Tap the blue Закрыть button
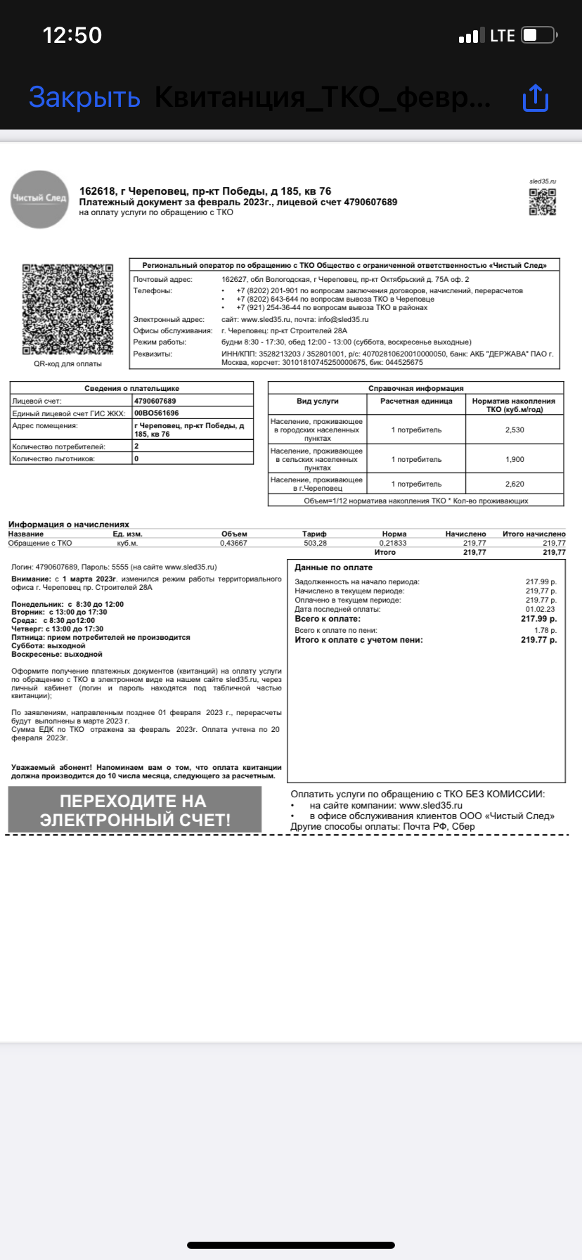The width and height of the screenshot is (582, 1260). pos(84,97)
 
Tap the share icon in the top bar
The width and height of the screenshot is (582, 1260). pos(535,98)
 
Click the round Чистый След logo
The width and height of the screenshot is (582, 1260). pos(39,199)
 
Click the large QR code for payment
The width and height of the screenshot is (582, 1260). pos(67,309)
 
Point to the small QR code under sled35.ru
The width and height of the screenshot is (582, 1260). pos(542,202)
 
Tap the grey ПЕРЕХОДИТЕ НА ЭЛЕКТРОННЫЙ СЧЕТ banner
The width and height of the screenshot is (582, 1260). pos(135,810)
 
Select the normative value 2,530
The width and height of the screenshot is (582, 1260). pos(515,430)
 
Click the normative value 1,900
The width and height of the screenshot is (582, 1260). pos(515,459)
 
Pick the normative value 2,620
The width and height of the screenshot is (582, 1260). pos(515,484)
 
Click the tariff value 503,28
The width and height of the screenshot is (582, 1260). pos(314,543)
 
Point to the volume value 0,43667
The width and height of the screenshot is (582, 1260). pos(233,543)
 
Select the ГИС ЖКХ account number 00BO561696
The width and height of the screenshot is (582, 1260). pos(156,413)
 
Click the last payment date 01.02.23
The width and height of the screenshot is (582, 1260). pos(541,609)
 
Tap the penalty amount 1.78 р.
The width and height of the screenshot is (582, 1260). pos(545,631)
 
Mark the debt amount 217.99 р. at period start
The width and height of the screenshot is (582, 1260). pos(541,582)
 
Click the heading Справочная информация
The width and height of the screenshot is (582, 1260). pos(415,388)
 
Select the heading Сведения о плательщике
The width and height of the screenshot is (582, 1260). pos(131,388)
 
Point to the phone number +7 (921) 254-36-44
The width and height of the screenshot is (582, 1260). pos(268,307)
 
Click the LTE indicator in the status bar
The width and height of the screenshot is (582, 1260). pos(502,36)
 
